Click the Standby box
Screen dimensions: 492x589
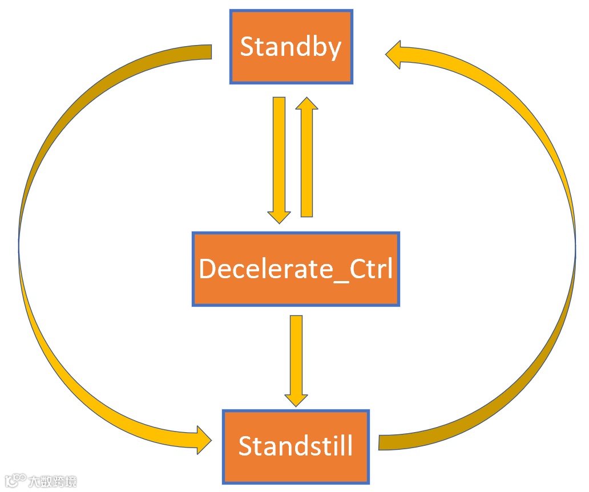(291, 47)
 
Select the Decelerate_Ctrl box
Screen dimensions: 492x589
(296, 269)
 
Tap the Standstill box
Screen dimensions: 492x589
(295, 446)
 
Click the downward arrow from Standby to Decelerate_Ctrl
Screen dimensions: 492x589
(279, 154)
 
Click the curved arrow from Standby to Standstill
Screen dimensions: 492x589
(34, 245)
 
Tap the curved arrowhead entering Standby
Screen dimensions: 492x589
(394, 54)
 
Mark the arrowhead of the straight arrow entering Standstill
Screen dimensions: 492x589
(296, 399)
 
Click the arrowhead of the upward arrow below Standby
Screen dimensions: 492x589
(307, 104)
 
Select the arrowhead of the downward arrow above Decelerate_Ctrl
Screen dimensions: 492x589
(279, 217)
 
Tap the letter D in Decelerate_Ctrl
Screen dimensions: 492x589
(207, 269)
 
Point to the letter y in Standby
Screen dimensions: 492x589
(333, 49)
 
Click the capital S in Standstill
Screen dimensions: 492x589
(246, 446)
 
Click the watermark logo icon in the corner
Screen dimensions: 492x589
(15, 481)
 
